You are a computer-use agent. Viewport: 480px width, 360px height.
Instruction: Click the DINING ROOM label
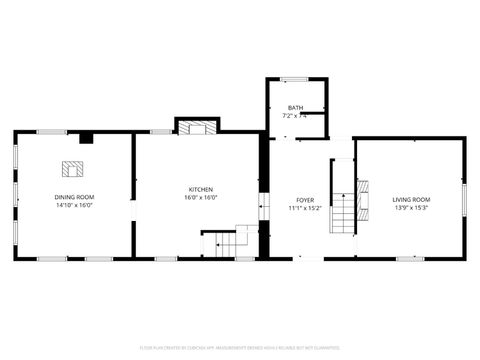[x=74, y=198]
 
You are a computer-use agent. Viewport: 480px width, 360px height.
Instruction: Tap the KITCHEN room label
[x=200, y=190]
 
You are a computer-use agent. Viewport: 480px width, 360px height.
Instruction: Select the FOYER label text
[x=305, y=201]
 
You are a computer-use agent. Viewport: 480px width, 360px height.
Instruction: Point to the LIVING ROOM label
[x=411, y=200]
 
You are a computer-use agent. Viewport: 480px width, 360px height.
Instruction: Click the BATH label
[x=295, y=108]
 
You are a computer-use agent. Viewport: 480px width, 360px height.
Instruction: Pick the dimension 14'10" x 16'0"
[x=74, y=207]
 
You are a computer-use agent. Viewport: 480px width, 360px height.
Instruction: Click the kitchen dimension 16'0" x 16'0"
[x=200, y=198]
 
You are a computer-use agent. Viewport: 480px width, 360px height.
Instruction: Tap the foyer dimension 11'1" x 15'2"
[x=305, y=209]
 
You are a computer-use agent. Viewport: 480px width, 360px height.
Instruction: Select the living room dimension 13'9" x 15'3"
[x=411, y=208]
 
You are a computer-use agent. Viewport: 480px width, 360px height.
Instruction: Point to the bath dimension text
[x=295, y=116]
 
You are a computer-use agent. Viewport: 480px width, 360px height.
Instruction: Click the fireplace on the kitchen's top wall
[x=196, y=127]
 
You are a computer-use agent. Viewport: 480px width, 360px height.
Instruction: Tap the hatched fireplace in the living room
[x=363, y=192]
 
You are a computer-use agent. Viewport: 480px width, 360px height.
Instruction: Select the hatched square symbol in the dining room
[x=73, y=168]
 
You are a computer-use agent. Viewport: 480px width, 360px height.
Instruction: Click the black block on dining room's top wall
[x=86, y=137]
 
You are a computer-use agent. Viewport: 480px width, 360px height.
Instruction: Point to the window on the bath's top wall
[x=294, y=79]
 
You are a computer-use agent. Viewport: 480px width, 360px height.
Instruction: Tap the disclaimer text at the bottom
[x=240, y=349]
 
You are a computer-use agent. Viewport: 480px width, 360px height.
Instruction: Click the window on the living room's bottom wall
[x=409, y=259]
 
